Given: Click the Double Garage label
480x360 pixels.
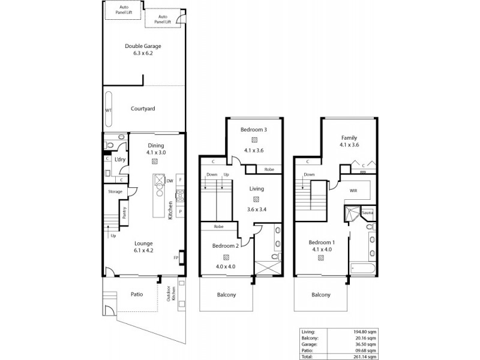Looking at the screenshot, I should (143, 46).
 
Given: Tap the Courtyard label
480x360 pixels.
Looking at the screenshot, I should (143, 109).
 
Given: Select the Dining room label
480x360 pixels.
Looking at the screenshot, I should (155, 145).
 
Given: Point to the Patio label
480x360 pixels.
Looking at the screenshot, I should (137, 294).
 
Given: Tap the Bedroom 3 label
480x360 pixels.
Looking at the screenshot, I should (254, 130).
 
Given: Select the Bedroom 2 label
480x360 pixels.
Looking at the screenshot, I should (225, 246).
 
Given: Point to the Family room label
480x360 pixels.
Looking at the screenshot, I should (349, 137).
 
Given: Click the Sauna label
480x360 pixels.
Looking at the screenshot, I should (367, 212).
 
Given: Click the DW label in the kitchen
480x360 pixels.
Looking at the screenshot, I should (170, 180).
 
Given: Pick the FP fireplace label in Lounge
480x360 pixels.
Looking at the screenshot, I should (176, 258).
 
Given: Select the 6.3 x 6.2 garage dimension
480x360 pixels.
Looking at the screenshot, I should (143, 53).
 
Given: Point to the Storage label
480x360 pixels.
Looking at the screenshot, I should (115, 191).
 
